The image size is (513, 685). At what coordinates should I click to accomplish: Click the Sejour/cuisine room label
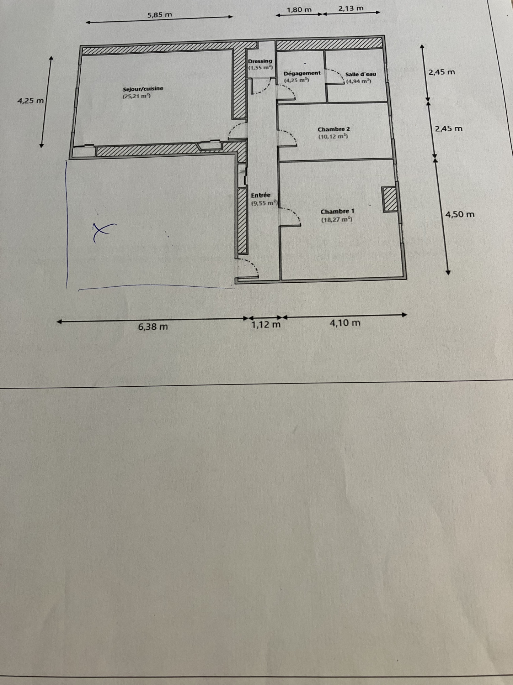143,89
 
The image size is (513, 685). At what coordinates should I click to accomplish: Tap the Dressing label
260,61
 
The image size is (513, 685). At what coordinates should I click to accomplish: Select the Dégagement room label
302,73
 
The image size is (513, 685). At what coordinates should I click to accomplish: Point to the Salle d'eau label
360,74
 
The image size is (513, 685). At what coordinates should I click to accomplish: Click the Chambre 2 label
334,129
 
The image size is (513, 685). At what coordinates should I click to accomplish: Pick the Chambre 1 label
337,211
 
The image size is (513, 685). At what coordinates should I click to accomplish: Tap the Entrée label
261,195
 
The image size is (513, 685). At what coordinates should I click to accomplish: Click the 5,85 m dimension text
160,15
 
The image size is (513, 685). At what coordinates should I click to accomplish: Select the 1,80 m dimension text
299,10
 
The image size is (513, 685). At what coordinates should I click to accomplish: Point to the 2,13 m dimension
351,8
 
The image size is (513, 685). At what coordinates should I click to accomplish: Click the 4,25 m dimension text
31,101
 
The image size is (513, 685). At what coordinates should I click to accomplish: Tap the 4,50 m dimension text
460,214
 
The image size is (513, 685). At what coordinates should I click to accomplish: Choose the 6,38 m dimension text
153,326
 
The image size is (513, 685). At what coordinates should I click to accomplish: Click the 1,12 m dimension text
266,325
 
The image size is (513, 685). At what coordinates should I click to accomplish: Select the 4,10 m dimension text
345,323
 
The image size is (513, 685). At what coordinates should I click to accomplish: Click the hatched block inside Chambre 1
390,199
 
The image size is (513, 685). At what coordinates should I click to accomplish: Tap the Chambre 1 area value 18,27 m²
337,220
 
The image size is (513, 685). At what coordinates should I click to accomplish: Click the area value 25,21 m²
137,96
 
